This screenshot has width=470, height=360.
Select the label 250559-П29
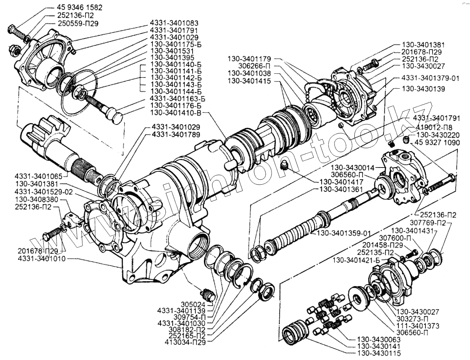(x=78, y=23)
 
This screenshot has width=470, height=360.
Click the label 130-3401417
(x=341, y=182)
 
